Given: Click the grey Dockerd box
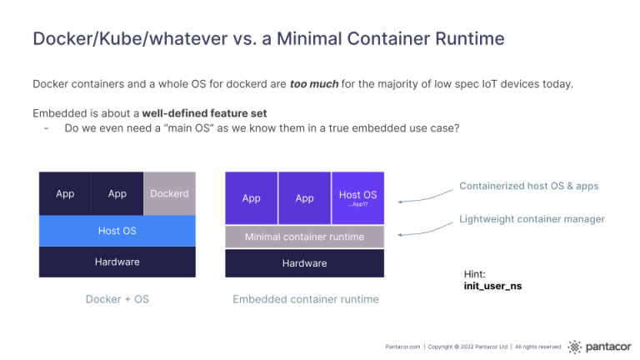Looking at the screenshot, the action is (169, 193).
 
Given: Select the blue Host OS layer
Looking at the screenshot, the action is (117, 231).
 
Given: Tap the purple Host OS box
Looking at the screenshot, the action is (358, 198).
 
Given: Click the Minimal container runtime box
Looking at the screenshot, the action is (304, 237).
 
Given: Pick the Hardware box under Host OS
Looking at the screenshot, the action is (117, 262).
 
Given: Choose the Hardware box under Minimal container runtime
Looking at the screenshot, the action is (304, 263).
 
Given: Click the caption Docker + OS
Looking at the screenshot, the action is (117, 299).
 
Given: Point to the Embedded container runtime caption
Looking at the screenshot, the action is (306, 299).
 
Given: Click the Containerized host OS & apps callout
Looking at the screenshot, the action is (529, 186).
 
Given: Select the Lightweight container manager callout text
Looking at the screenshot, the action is (532, 219).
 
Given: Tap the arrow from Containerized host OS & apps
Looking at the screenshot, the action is (425, 197).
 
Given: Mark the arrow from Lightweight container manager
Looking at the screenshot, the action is (425, 230).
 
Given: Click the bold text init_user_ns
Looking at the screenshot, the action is (492, 286).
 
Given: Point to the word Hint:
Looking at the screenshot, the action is (475, 274).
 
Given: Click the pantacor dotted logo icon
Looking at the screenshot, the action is (575, 347).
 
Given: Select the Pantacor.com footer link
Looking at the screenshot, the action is (402, 347).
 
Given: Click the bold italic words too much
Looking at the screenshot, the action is (314, 84).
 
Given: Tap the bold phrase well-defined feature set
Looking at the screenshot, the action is (204, 113).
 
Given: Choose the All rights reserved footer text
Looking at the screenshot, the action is (538, 347).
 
